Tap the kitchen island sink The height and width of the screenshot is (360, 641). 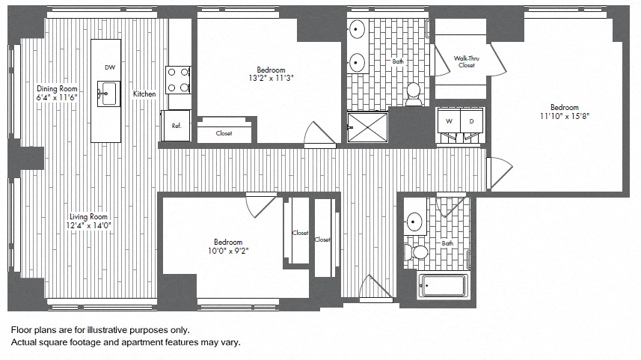coord(108,95)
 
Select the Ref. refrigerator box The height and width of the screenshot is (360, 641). coord(176,126)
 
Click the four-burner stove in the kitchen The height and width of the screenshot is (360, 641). coord(178,80)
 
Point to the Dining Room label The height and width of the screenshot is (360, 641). coord(58,88)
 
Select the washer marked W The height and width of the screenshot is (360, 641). coord(450,120)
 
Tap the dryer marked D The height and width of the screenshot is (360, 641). coord(472,120)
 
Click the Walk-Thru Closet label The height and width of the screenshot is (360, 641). coord(467,61)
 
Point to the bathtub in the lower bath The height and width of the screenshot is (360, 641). coord(443,286)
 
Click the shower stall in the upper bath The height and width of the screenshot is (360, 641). coord(368,126)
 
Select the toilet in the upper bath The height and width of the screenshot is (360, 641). coord(413,93)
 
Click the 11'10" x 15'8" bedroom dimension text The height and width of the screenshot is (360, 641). coord(565,116)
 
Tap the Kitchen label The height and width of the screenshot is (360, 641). coord(144,94)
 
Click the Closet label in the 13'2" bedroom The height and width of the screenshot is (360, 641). coord(224,133)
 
